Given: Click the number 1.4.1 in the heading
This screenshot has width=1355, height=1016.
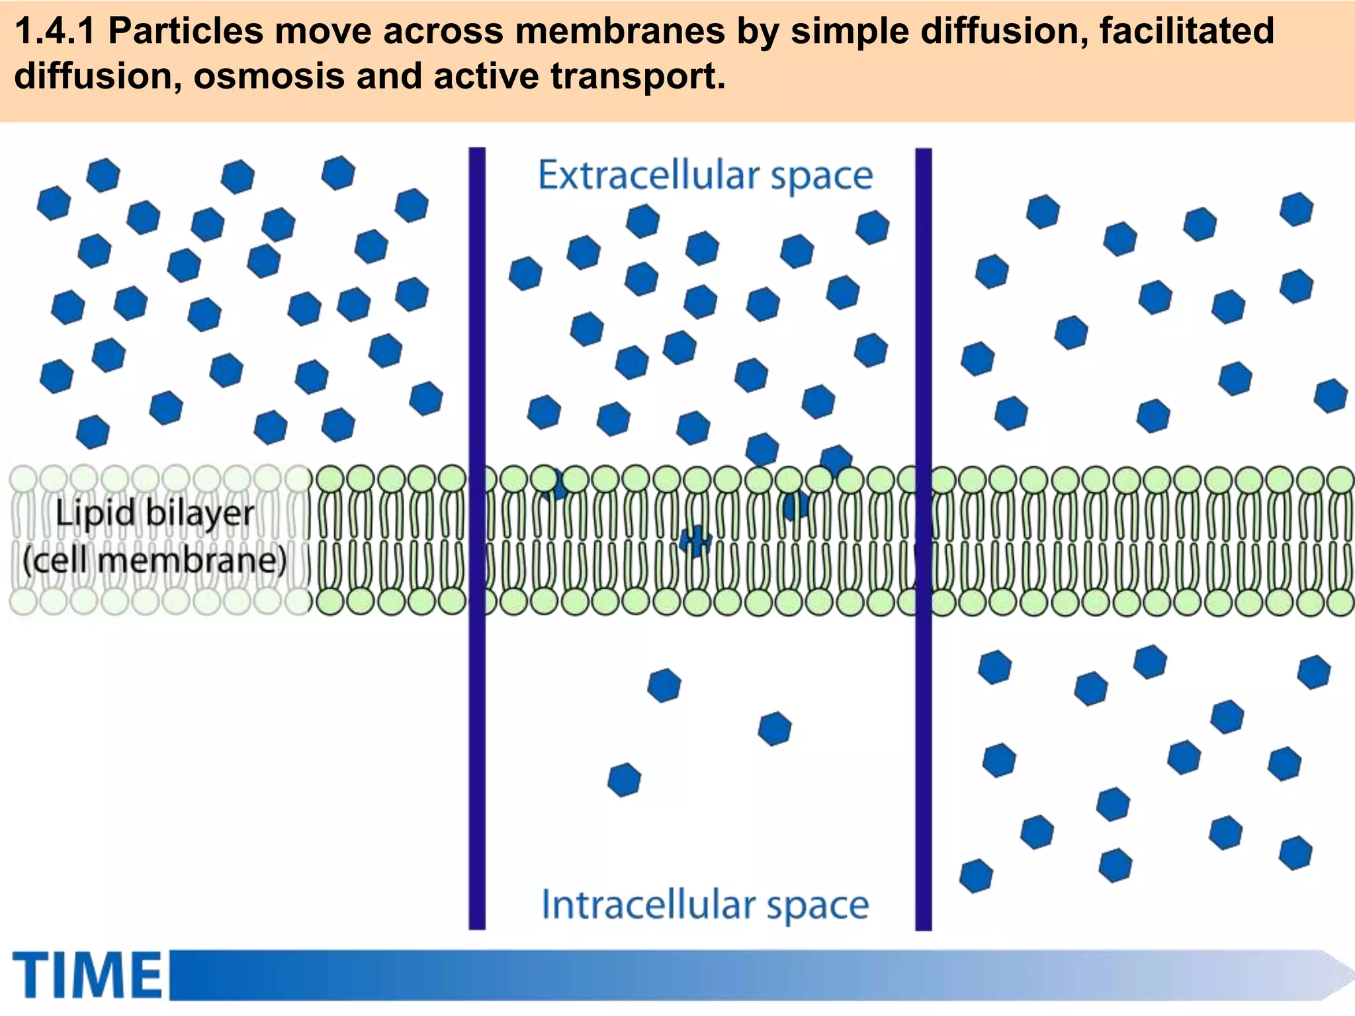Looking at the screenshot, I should [x=54, y=32].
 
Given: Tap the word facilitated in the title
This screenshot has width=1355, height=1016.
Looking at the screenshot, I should [x=1186, y=32].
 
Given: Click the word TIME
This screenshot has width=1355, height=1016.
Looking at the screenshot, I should [x=87, y=975].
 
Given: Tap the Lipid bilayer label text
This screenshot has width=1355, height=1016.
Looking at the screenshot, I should [x=154, y=514].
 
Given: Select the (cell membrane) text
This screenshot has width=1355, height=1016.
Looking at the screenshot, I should [x=154, y=561].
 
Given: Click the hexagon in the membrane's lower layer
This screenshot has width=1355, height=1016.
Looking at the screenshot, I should [x=695, y=541].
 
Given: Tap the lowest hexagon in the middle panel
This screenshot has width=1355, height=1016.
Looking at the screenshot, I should [x=624, y=780].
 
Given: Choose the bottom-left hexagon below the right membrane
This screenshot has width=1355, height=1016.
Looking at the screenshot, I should [x=976, y=876].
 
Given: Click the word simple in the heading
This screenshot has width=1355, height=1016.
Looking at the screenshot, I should [x=850, y=32].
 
